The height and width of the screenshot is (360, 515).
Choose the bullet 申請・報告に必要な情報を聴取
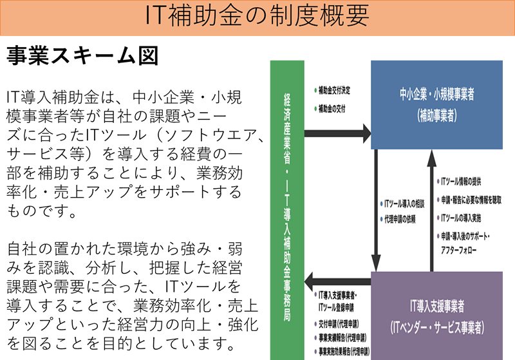coord(473,200)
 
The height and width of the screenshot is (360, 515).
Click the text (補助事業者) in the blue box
coord(436,116)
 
